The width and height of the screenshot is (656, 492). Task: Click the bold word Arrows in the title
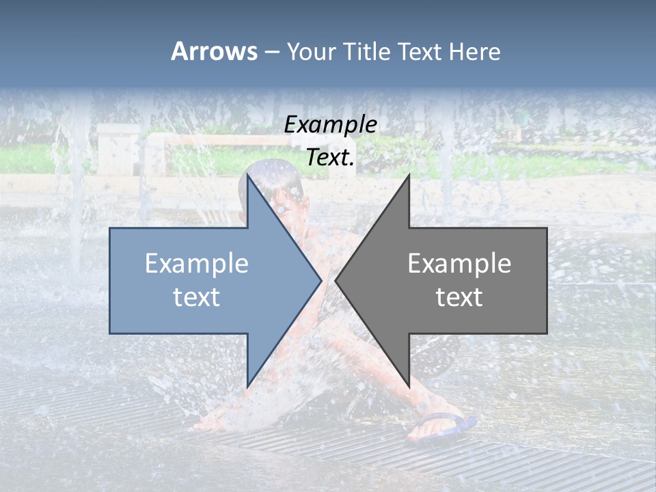click(214, 51)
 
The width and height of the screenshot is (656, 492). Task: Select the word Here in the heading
click(475, 51)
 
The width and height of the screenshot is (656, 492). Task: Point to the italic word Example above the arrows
click(330, 125)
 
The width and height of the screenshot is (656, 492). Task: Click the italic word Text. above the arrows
click(330, 158)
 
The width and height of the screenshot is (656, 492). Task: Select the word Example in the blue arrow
click(197, 263)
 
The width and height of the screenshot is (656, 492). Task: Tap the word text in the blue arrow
click(197, 297)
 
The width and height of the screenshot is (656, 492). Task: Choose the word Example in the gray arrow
click(459, 263)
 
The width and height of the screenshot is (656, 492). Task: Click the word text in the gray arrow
click(459, 297)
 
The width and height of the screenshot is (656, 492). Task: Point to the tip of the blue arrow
click(320, 280)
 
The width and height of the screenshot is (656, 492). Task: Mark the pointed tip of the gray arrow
click(336, 280)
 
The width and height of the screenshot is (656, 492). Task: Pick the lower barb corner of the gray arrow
click(409, 386)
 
